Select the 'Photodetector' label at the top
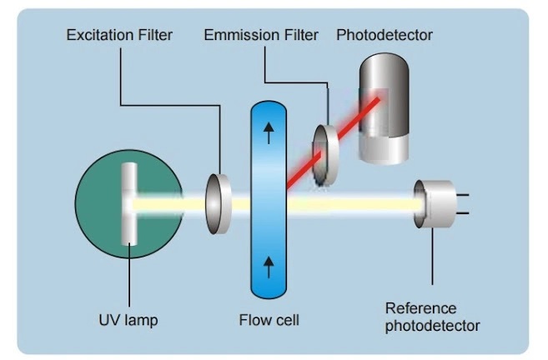(x=384, y=36)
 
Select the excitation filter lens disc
(x=219, y=202)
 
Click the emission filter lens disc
(x=325, y=154)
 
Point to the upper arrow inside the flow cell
(x=268, y=133)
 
